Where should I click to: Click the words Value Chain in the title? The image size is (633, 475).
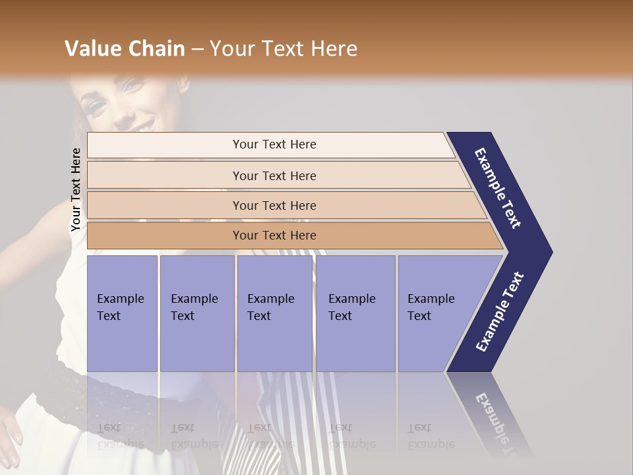(x=125, y=49)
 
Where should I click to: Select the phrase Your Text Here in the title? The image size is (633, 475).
(x=283, y=49)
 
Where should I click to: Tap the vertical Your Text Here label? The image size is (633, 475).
(x=76, y=189)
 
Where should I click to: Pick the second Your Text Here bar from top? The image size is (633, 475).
(x=274, y=175)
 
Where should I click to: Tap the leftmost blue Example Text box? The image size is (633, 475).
(x=122, y=313)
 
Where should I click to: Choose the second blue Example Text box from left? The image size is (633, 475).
(x=196, y=313)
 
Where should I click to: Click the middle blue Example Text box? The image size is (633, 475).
(x=274, y=313)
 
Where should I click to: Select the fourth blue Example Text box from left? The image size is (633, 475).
(x=355, y=313)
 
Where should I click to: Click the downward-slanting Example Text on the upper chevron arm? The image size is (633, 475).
(x=498, y=188)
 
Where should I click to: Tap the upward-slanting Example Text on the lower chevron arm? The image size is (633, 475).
(x=500, y=312)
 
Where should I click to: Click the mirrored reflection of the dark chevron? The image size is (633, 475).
(x=491, y=409)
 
